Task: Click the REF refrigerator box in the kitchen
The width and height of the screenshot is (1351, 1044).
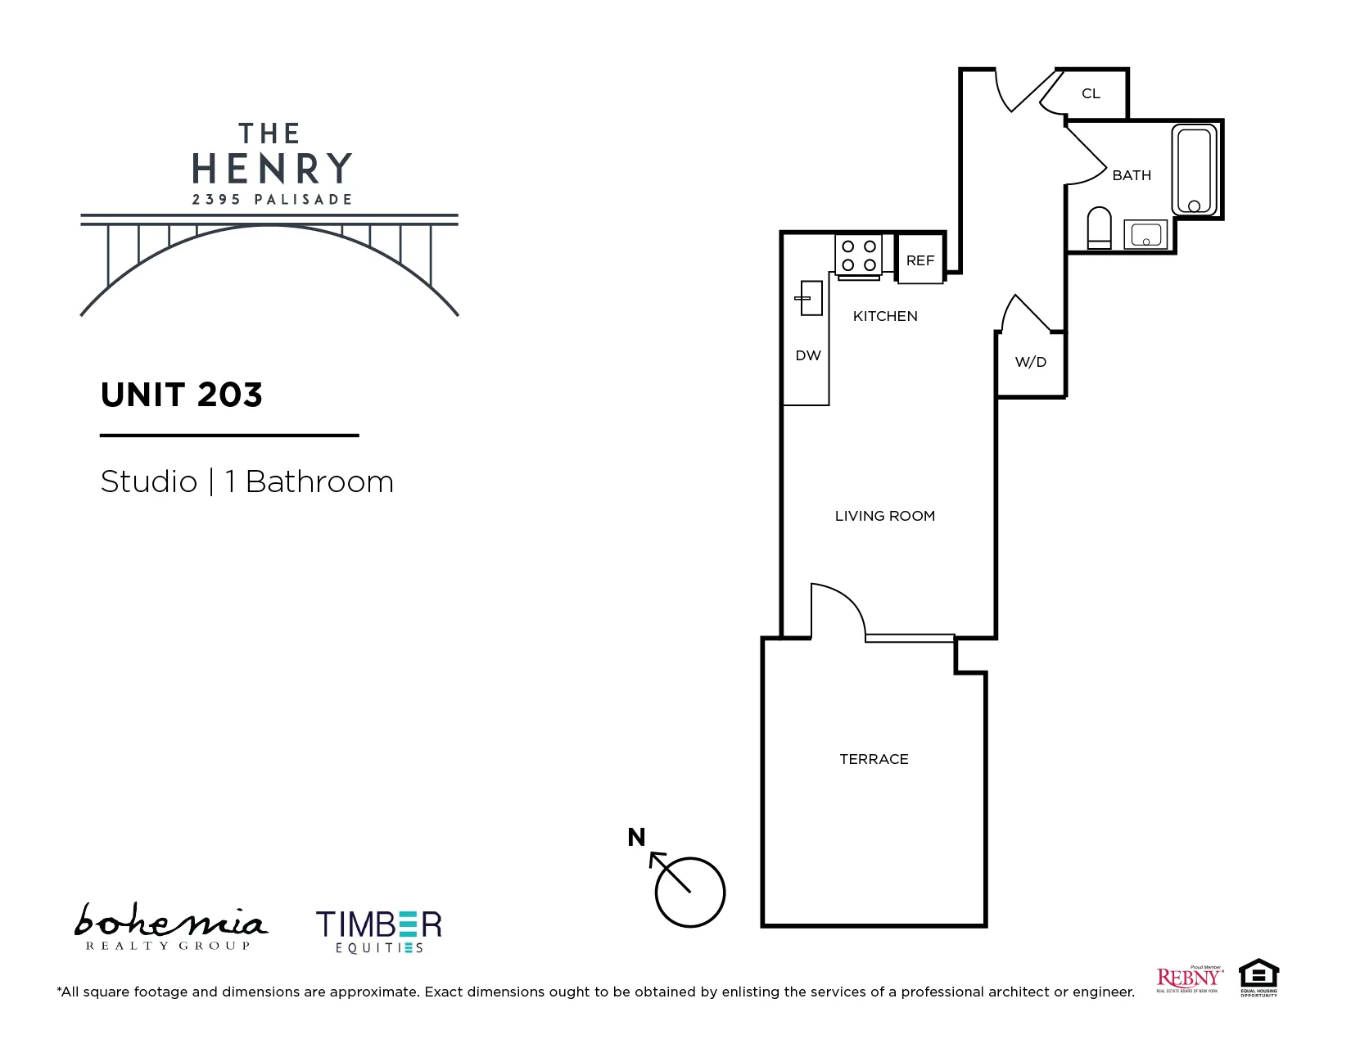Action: pyautogui.click(x=920, y=260)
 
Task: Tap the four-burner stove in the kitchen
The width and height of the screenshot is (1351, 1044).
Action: pyautogui.click(x=858, y=255)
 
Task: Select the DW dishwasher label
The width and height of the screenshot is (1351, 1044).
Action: pyautogui.click(x=808, y=355)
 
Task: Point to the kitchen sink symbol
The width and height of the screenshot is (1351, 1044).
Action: pyautogui.click(x=811, y=298)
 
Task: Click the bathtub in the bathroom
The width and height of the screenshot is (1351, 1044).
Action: pyautogui.click(x=1194, y=169)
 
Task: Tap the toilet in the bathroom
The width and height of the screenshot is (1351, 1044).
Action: pyautogui.click(x=1099, y=228)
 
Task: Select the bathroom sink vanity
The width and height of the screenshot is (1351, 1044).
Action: pyautogui.click(x=1145, y=235)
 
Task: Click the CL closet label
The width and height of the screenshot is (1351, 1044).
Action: pyautogui.click(x=1091, y=93)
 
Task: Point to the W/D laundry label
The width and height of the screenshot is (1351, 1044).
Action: pyautogui.click(x=1031, y=362)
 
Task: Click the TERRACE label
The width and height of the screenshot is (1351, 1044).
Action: pyautogui.click(x=874, y=759)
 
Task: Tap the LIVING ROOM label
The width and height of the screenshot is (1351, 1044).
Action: pyautogui.click(x=884, y=516)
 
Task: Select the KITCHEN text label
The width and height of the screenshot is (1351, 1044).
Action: pyautogui.click(x=885, y=316)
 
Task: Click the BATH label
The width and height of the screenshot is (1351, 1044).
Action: pyautogui.click(x=1132, y=175)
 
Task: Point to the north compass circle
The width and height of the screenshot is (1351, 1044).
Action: pyautogui.click(x=690, y=893)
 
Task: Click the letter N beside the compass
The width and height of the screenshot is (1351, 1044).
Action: pyautogui.click(x=636, y=837)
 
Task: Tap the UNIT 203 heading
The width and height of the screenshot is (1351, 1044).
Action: pyautogui.click(x=182, y=395)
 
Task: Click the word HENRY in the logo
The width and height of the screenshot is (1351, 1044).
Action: pyautogui.click(x=272, y=169)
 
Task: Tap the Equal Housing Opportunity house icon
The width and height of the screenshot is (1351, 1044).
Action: pyautogui.click(x=1258, y=974)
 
